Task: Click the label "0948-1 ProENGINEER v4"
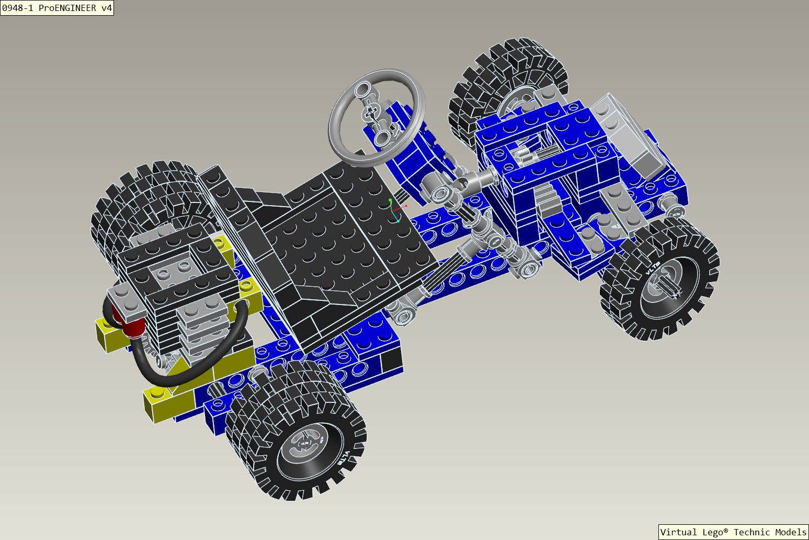(x=56, y=8)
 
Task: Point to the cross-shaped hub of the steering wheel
(x=371, y=113)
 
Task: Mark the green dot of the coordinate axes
(x=390, y=200)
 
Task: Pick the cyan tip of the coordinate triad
(x=398, y=221)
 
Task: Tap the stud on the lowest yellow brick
(x=156, y=392)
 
